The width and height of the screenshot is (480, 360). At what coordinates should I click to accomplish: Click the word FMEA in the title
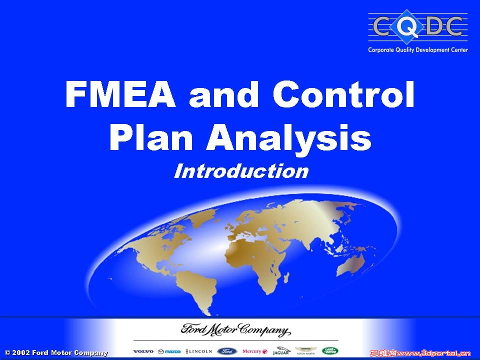click(x=120, y=94)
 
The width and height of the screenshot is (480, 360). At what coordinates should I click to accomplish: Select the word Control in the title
click(x=344, y=94)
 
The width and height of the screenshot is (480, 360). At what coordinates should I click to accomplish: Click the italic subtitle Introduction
click(x=241, y=171)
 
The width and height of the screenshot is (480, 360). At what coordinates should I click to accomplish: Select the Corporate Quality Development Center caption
click(x=418, y=50)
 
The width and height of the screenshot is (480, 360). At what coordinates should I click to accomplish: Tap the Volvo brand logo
click(x=143, y=351)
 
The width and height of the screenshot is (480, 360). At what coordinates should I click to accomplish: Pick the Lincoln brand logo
click(x=199, y=351)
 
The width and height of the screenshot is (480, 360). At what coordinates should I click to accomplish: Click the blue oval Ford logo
click(x=228, y=351)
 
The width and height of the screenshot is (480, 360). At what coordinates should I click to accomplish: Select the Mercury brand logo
click(x=255, y=351)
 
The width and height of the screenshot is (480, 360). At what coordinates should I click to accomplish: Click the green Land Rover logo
click(x=330, y=351)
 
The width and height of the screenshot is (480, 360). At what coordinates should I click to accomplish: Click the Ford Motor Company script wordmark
click(x=234, y=331)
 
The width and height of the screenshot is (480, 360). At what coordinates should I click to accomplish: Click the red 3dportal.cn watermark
click(x=419, y=353)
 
